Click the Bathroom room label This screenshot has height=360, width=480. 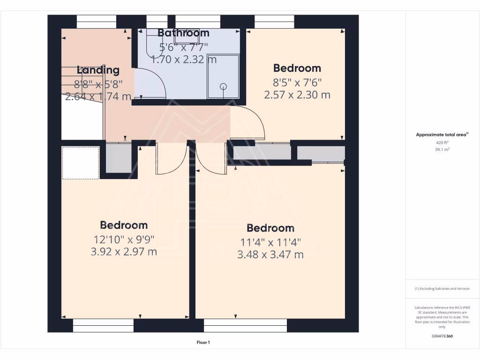[183, 33]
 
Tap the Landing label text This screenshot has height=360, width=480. [98, 70]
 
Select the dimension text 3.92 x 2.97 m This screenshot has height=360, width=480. [124, 252]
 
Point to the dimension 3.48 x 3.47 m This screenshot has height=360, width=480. [270, 255]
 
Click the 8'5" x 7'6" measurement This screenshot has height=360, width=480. [297, 82]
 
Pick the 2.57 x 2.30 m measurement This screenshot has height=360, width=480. [297, 95]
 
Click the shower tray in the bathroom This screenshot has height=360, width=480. [223, 76]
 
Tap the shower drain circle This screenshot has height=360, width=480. [223, 86]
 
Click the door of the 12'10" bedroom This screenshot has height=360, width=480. [172, 159]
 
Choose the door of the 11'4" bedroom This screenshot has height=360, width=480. [211, 159]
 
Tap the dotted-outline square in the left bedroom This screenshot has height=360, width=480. [81, 163]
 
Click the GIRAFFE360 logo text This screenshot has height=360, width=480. [442, 336]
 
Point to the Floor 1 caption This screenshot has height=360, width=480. [203, 343]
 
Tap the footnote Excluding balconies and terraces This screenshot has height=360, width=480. [442, 289]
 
